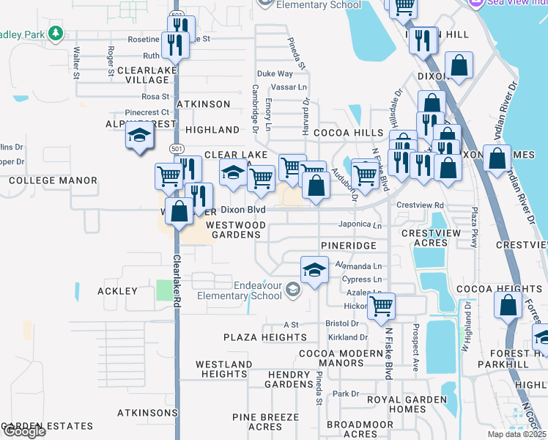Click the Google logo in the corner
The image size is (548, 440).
pos(23,431)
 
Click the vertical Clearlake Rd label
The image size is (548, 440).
pos(177,279)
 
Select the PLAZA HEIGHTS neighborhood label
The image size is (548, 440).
pos(265,337)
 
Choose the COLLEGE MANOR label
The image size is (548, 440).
pos(53,180)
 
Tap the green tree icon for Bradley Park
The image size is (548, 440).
pos(55,34)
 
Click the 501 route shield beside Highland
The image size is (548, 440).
pos(176,149)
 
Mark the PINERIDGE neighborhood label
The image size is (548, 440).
pos(349,245)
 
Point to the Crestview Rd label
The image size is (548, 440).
pos(420,205)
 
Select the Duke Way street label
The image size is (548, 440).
pos(275,74)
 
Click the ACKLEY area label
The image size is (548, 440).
pos(117,291)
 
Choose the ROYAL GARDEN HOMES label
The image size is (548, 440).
pos(407,404)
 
